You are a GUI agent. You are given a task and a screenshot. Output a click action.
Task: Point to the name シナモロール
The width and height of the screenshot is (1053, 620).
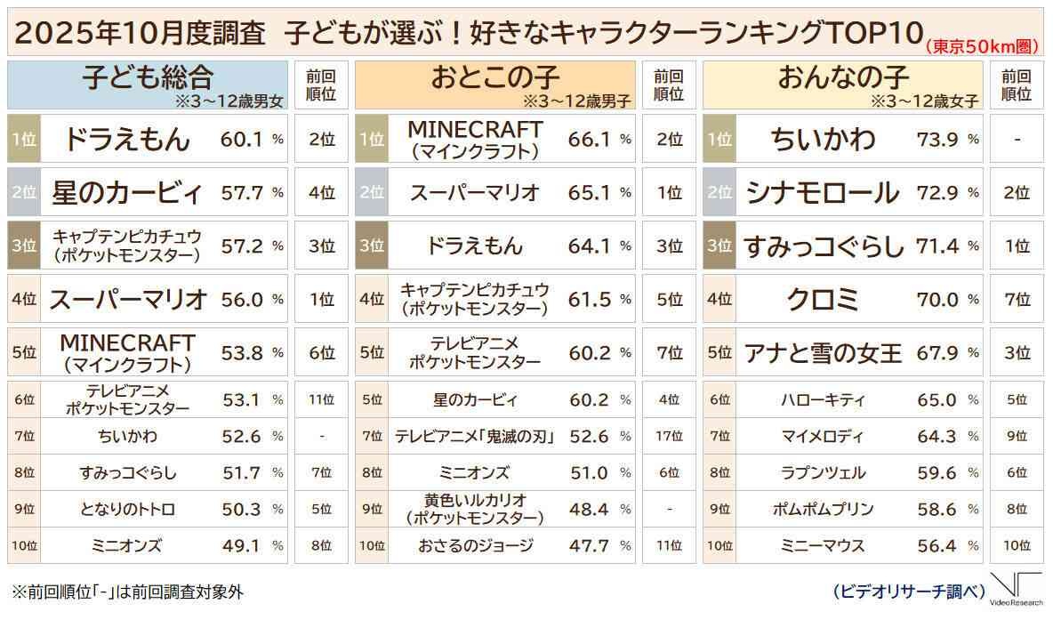click(x=823, y=192)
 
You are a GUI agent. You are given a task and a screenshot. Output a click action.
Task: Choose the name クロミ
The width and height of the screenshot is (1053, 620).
click(x=823, y=300)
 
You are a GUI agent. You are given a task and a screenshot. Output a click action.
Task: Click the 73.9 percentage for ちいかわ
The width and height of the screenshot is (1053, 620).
click(x=938, y=139)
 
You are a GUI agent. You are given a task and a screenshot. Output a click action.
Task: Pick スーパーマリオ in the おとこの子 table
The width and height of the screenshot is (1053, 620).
click(x=475, y=192)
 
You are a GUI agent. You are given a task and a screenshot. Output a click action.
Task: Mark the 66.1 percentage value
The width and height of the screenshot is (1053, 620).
click(x=591, y=139)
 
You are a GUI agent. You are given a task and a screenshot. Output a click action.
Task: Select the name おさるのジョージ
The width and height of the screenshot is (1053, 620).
click(x=475, y=545)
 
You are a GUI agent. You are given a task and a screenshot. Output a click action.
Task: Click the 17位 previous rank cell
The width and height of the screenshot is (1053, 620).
click(x=669, y=436)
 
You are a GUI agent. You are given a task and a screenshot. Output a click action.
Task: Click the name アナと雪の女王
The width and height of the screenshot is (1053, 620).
click(x=823, y=353)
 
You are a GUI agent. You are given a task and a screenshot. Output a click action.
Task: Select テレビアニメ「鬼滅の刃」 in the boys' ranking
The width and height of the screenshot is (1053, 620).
click(x=475, y=436)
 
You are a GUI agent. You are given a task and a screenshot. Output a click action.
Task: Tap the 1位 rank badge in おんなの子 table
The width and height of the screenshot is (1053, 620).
click(x=719, y=139)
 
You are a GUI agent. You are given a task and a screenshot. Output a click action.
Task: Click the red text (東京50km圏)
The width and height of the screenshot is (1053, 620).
click(x=983, y=45)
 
